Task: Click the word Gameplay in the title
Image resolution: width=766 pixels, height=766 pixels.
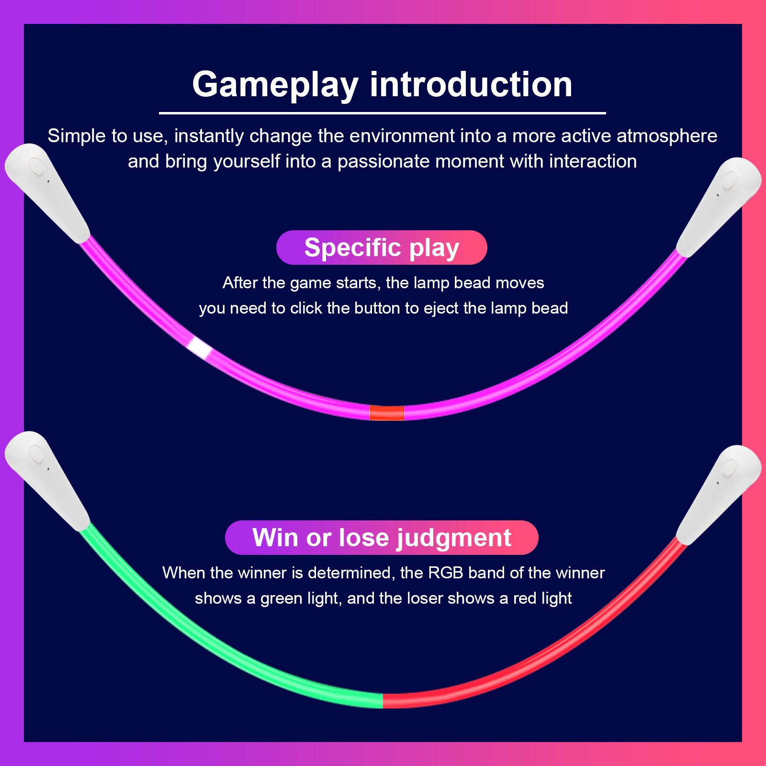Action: tap(275, 85)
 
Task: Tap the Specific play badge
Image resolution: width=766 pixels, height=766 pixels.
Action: tap(382, 248)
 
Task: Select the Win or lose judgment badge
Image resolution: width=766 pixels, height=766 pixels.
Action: tap(382, 538)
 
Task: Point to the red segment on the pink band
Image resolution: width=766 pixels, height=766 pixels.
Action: tap(387, 413)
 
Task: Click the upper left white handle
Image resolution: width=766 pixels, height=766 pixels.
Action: tap(48, 191)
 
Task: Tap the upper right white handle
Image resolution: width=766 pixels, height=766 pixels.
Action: tap(718, 206)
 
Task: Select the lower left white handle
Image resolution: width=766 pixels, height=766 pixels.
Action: tap(48, 479)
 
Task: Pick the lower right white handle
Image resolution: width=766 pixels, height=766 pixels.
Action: tap(718, 493)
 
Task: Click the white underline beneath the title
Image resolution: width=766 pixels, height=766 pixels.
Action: tap(382, 113)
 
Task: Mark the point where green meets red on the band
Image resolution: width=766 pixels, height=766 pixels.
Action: tap(383, 700)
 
